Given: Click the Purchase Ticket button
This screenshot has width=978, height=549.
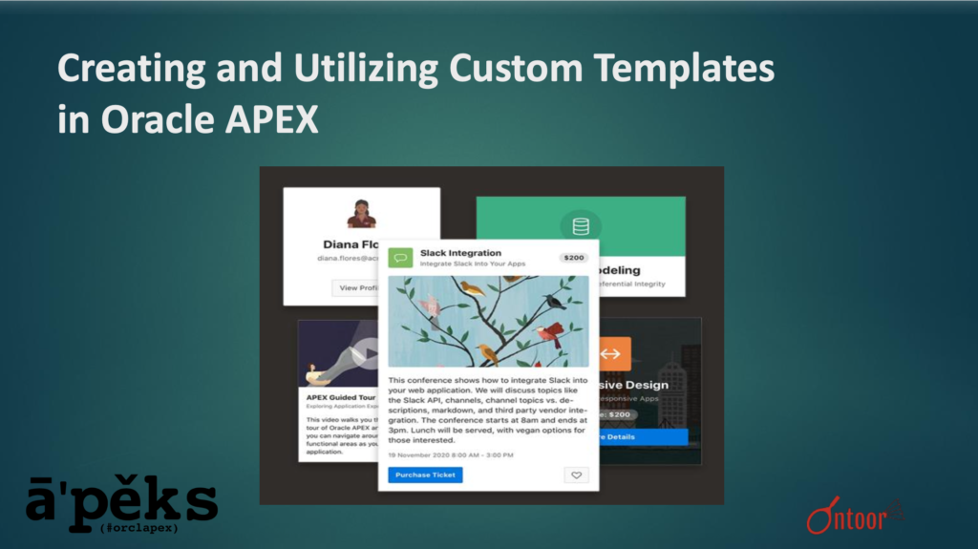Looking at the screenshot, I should [x=425, y=475].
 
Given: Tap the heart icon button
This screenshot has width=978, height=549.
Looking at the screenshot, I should [x=576, y=475].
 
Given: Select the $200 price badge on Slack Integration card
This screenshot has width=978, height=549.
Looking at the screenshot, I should [x=574, y=258].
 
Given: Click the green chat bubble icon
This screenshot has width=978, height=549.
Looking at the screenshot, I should [x=400, y=258].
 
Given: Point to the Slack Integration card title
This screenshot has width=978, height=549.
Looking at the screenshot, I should [x=460, y=253].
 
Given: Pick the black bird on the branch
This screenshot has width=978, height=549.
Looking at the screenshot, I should [x=554, y=303].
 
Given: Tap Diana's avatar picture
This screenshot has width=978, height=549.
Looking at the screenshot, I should [x=361, y=214].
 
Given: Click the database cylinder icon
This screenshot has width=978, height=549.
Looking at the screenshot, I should [x=581, y=226].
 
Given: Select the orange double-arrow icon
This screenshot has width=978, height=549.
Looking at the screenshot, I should [x=610, y=353].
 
